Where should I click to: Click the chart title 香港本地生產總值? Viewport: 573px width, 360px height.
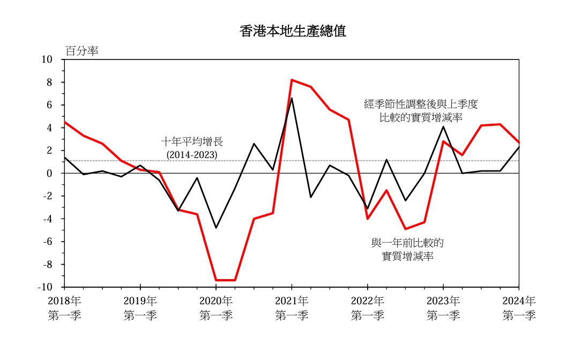tap(293, 31)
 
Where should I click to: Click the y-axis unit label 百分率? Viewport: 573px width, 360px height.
tap(81, 51)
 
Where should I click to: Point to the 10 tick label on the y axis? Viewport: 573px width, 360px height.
tap(47, 59)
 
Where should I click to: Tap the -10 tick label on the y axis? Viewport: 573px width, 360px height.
tap(45, 287)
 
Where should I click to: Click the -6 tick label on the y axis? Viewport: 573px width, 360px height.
tap(47, 242)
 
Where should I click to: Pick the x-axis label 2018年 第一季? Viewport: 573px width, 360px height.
tap(64, 308)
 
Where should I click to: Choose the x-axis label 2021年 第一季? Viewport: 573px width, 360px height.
tap(292, 308)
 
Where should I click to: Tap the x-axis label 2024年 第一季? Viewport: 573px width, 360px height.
tap(518, 308)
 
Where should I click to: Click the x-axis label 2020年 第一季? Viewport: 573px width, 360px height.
tap(216, 308)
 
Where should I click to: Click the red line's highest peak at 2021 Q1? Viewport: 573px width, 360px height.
tap(292, 80)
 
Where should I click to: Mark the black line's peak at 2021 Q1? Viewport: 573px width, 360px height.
tap(292, 98)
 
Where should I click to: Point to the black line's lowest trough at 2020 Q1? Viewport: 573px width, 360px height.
tap(216, 228)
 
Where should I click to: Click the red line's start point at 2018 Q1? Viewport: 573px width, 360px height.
tap(64, 122)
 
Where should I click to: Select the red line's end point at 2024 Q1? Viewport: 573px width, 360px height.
tap(519, 142)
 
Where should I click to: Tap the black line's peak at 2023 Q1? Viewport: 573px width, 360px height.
tap(443, 126)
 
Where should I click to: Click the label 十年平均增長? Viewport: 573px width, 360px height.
tap(192, 142)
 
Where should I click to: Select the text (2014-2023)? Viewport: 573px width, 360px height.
tap(192, 154)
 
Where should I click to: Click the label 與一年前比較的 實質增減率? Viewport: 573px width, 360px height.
tap(408, 250)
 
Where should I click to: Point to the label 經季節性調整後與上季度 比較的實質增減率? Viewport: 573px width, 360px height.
tap(420, 110)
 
